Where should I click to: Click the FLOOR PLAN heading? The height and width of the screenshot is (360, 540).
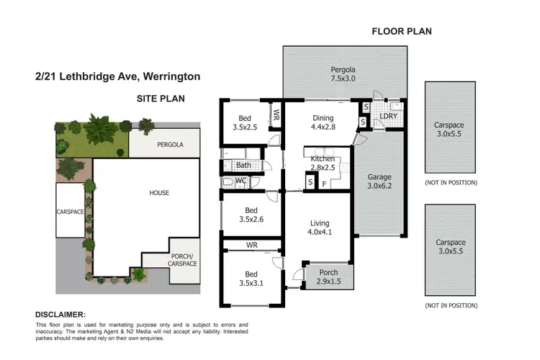click(401, 31)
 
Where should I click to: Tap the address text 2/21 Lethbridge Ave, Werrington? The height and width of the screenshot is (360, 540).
click(117, 76)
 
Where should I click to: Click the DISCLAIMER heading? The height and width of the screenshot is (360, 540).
click(60, 315)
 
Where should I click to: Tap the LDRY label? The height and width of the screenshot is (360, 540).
click(388, 116)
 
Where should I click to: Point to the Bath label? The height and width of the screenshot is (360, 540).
click(243, 166)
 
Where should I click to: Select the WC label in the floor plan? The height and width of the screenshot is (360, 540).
click(241, 180)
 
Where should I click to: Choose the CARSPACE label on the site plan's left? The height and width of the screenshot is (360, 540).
click(71, 212)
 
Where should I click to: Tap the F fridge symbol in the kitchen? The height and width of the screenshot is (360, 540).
click(323, 184)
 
